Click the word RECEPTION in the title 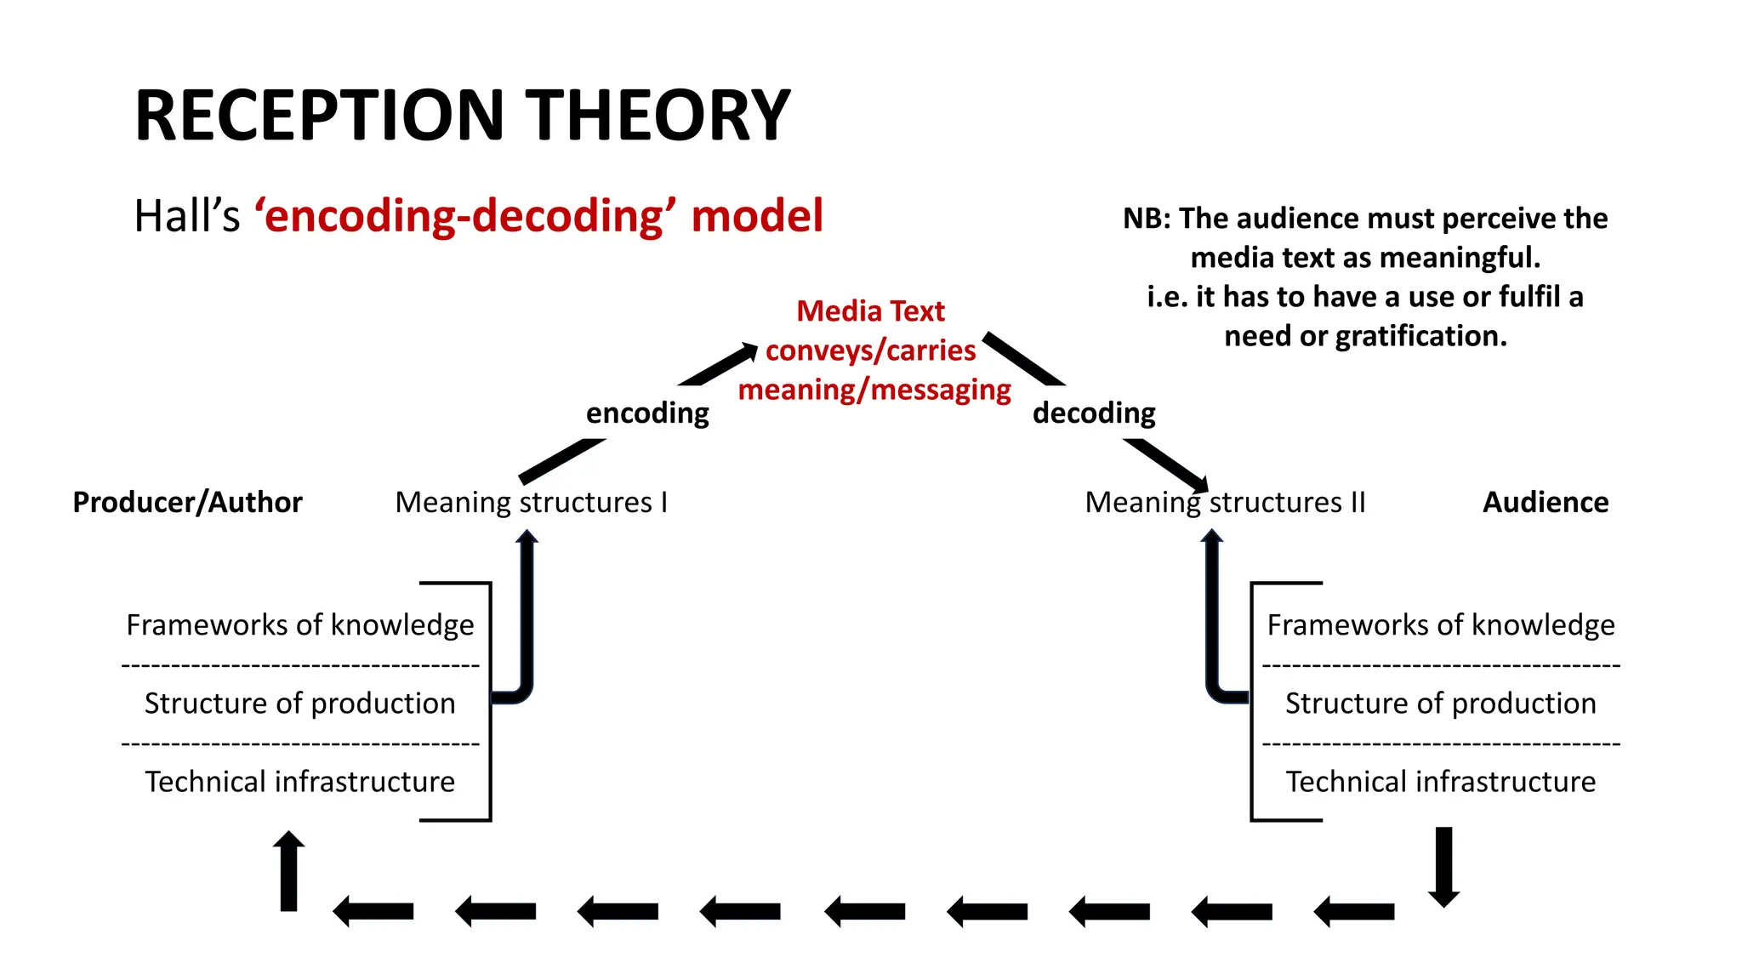click(x=320, y=116)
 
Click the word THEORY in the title click(x=658, y=116)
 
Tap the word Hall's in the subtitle click(x=187, y=216)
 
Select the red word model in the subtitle click(x=757, y=216)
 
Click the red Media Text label click(x=870, y=311)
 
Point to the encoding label click(x=647, y=413)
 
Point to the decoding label click(x=1094, y=413)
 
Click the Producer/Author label click(x=187, y=502)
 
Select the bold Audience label click(x=1546, y=502)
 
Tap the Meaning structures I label click(x=531, y=502)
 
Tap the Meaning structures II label click(x=1225, y=502)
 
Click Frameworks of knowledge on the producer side click(x=299, y=625)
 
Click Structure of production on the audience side click(x=1440, y=704)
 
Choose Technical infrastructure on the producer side click(x=299, y=782)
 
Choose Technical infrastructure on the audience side click(x=1440, y=782)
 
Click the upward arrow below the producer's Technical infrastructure click(x=289, y=871)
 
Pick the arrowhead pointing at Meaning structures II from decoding click(x=1198, y=482)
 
